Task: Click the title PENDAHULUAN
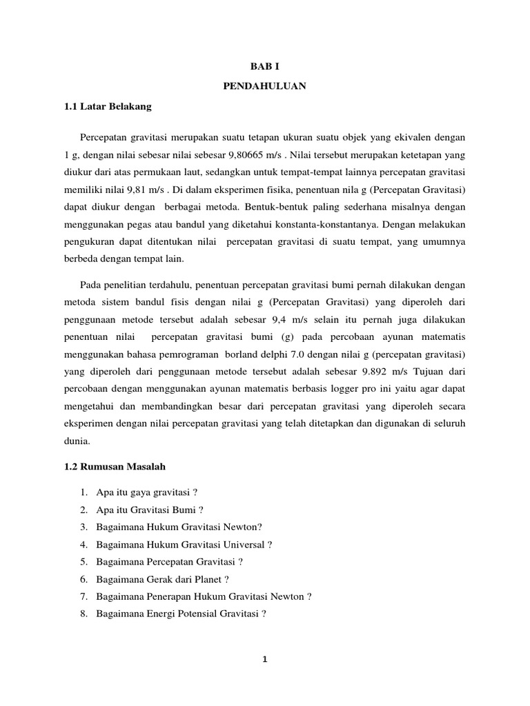coord(265,87)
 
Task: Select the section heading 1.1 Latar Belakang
coord(106,107)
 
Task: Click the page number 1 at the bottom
coord(264,659)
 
